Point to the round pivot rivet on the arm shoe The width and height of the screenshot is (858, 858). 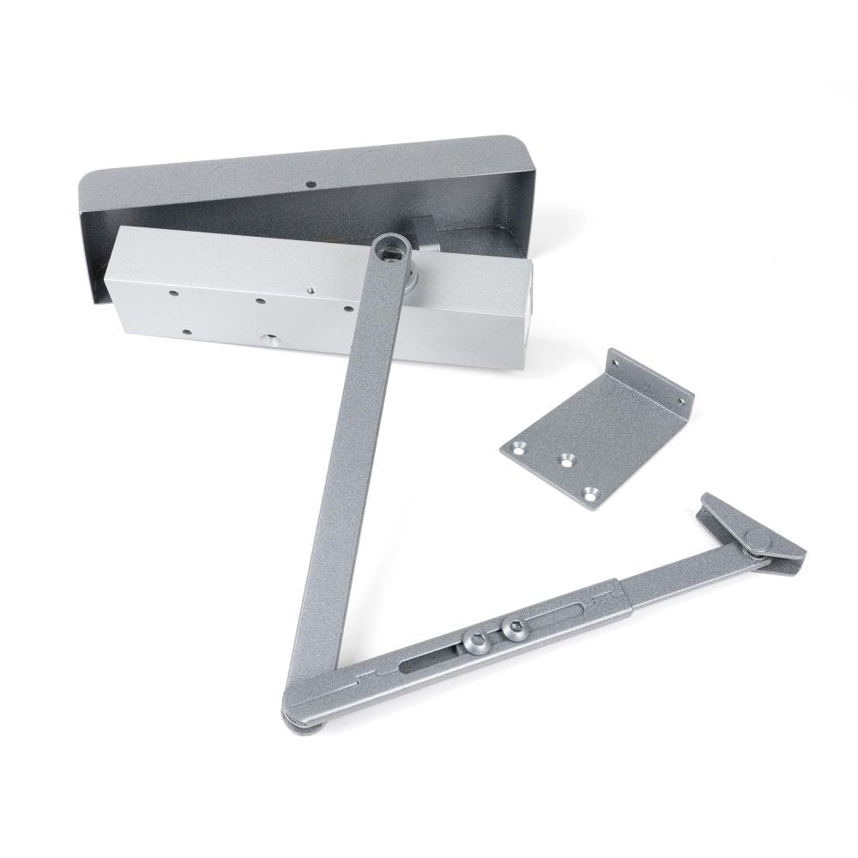(756, 541)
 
